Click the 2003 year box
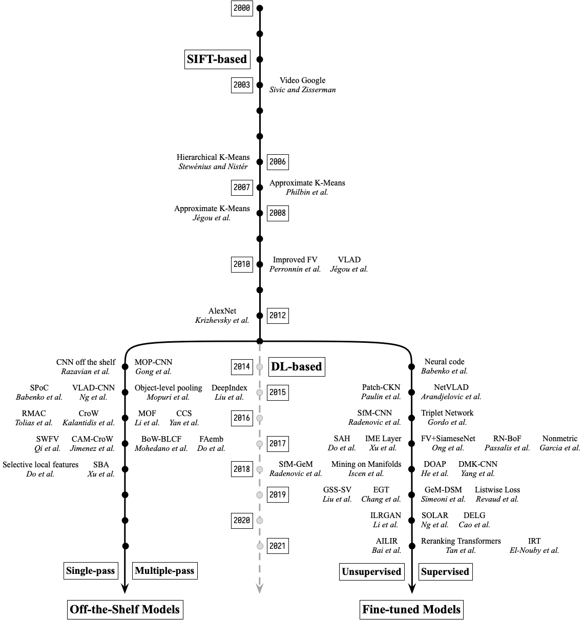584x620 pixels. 242,85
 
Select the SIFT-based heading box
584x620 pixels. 217,59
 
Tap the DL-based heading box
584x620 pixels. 297,366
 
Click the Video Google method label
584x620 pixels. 302,80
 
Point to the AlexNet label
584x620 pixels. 222,311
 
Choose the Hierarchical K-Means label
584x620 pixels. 213,157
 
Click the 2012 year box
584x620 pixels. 278,316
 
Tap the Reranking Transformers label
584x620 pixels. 461,541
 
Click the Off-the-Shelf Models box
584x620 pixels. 125,609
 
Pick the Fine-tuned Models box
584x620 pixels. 412,609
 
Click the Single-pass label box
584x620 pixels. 91,571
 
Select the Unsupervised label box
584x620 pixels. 371,571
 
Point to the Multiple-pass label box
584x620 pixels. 164,571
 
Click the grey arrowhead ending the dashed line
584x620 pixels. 260,589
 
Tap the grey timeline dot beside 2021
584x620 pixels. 260,546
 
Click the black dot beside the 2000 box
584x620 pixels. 260,8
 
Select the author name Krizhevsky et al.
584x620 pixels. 222,320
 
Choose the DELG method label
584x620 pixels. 474,515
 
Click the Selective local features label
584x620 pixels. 40,465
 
